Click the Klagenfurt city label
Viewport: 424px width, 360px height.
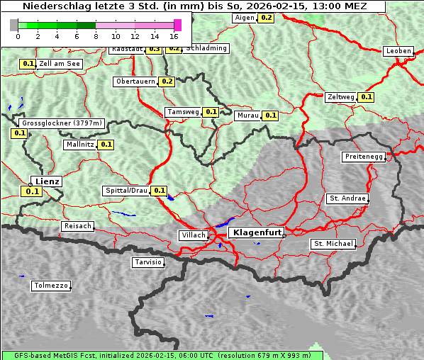tap(258, 232)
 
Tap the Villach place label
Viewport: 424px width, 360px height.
tap(193, 235)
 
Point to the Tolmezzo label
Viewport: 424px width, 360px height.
tap(51, 286)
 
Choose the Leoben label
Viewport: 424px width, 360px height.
tap(398, 51)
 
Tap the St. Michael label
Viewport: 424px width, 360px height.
tap(333, 244)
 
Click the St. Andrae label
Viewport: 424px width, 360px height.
tap(347, 198)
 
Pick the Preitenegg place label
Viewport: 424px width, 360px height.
tap(364, 157)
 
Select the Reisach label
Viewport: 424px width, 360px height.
tap(78, 226)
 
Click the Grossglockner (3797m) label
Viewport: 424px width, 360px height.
tap(62, 123)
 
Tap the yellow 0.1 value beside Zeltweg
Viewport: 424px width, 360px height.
tap(366, 97)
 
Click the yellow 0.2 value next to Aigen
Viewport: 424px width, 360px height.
tap(266, 17)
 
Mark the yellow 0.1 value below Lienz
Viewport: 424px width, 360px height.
tap(32, 191)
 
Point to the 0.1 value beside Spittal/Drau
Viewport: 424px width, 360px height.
tap(160, 191)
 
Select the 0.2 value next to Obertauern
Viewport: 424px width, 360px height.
tap(167, 81)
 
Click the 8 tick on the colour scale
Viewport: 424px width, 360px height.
tap(96, 35)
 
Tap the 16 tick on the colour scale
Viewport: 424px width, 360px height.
tap(174, 35)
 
